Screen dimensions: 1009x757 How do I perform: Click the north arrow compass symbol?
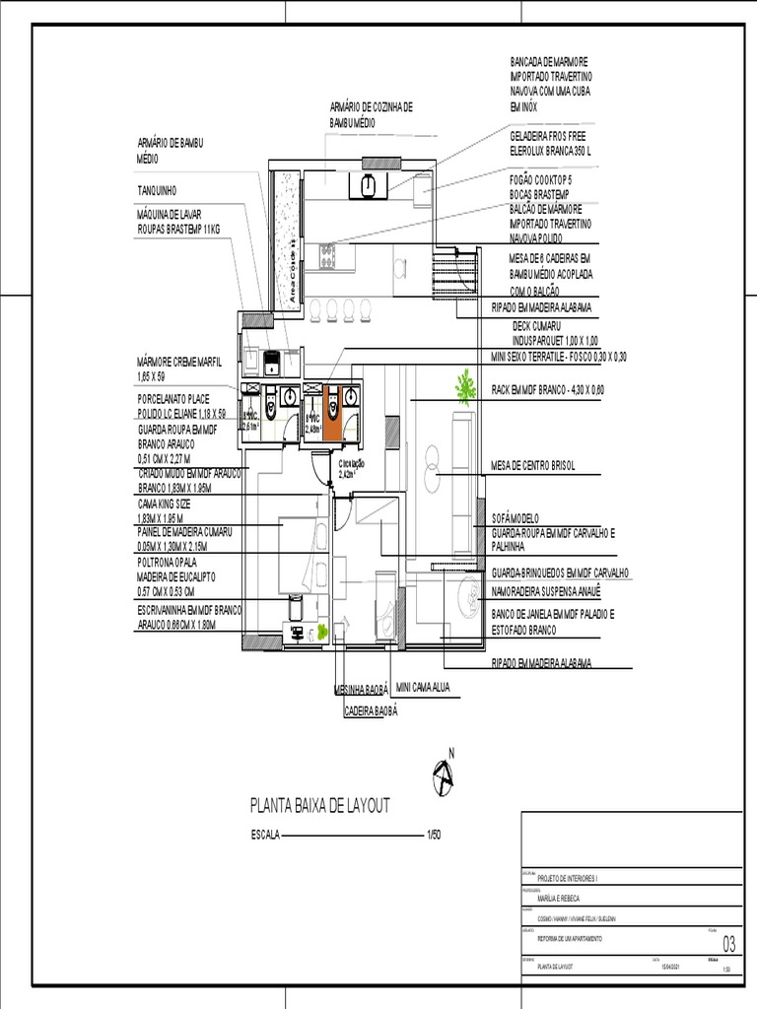click(443, 777)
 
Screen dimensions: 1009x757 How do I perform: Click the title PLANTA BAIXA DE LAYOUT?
click(320, 806)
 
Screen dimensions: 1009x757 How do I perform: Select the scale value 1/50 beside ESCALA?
click(433, 836)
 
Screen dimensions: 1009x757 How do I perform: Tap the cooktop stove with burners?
click(326, 256)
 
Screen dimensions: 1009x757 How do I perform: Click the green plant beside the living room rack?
click(464, 386)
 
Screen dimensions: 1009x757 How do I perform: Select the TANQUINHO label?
click(157, 189)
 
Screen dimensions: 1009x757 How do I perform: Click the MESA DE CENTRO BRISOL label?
click(532, 465)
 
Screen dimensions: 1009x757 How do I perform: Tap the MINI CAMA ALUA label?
click(423, 686)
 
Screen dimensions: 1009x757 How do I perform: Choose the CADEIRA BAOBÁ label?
click(371, 709)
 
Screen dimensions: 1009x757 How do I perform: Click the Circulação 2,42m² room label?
click(351, 468)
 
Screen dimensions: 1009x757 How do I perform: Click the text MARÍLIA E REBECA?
click(559, 899)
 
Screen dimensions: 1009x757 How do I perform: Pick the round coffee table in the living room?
click(434, 463)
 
